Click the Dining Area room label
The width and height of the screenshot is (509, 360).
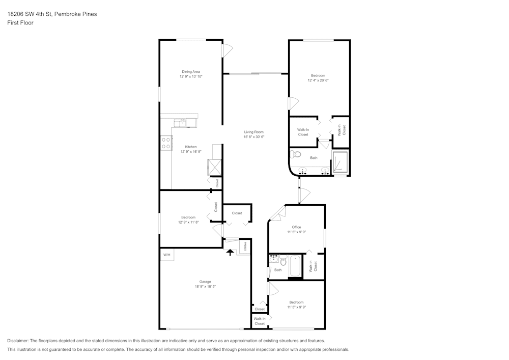pos(191,72)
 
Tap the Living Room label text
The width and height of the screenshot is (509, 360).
pos(253,132)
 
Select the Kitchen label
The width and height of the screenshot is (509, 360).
pos(191,147)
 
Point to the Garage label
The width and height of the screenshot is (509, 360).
pos(205,282)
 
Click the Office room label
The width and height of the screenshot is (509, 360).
pos(296,227)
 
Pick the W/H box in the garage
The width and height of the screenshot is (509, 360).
pos(166,255)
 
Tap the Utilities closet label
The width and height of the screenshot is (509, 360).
pos(245,246)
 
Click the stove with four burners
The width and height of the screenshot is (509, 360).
pos(166,143)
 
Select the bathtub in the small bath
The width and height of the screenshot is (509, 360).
pos(295,266)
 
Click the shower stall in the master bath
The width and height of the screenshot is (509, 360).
pos(340,162)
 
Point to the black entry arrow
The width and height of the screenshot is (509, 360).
pos(230,252)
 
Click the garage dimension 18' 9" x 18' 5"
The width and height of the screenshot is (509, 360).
pos(205,287)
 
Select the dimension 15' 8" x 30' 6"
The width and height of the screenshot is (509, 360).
pos(253,136)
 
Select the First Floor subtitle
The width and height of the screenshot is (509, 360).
pos(20,23)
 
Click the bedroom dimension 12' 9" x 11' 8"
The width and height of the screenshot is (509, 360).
pos(188,222)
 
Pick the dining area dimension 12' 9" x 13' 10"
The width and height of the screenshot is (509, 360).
pos(191,76)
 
